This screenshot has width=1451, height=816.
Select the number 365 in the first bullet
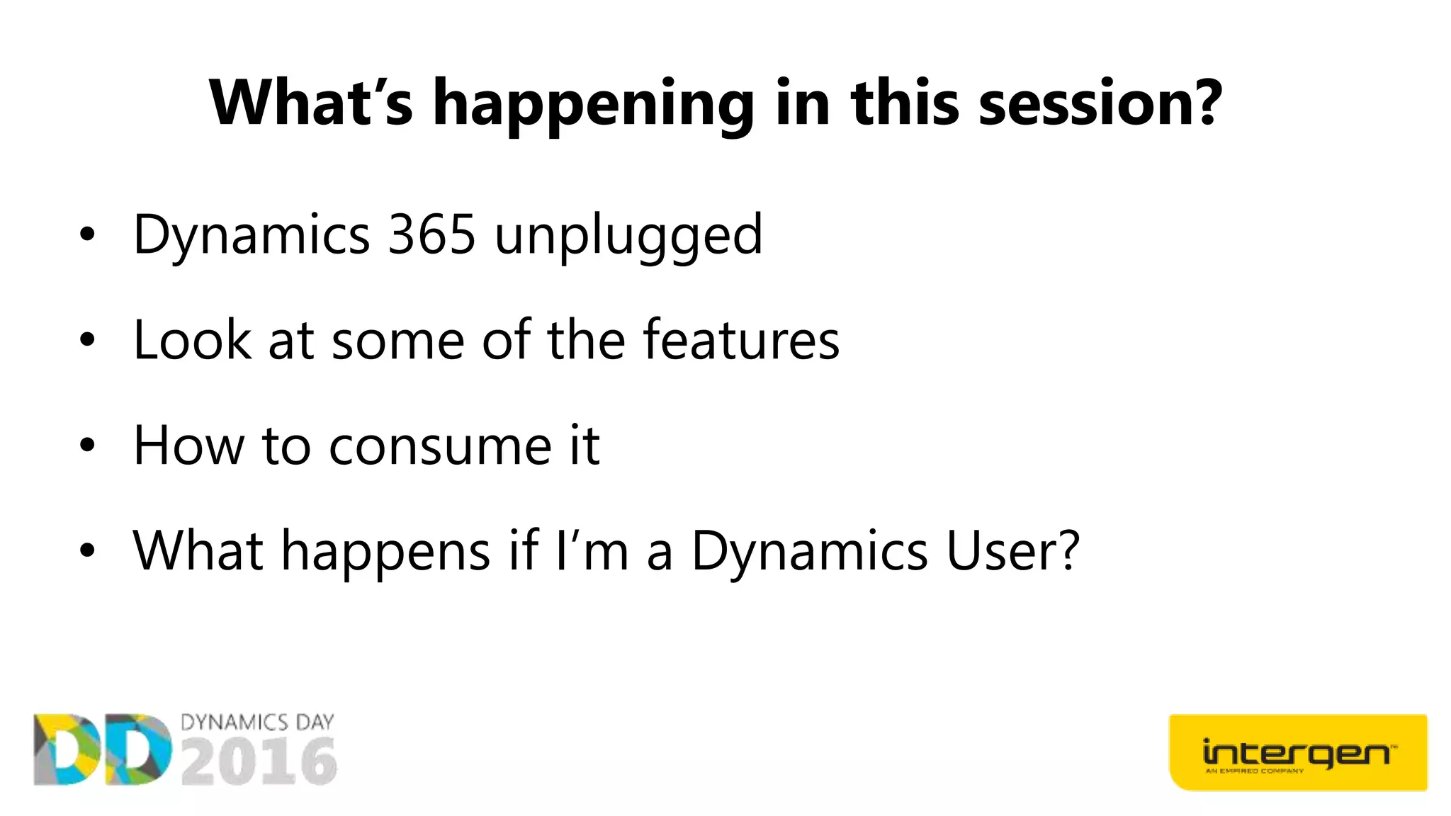431,234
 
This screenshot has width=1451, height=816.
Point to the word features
740,340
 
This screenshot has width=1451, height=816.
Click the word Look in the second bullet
192,340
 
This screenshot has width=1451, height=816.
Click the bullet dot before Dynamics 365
86,235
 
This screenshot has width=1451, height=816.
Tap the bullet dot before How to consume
86,446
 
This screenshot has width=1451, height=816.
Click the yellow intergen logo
1297,752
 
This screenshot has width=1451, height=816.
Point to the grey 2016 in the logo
259,761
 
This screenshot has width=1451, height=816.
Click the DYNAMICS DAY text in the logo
257,722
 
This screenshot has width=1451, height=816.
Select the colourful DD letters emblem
103,749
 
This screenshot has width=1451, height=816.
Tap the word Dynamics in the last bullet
809,552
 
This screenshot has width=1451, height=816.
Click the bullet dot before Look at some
86,341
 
